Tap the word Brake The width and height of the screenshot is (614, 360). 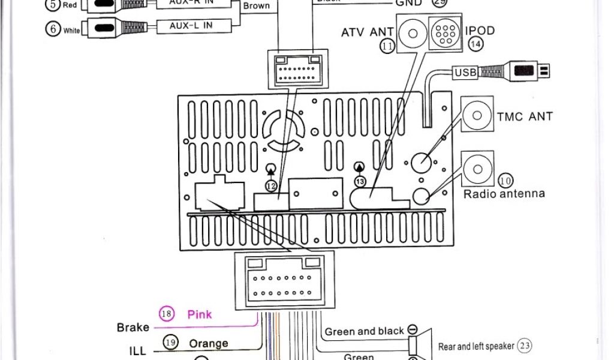tap(133, 328)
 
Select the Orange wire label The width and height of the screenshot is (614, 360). tap(209, 344)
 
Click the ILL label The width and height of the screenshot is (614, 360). tap(137, 350)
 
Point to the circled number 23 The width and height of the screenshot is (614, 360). tap(525, 345)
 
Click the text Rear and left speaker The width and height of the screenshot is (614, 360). tap(476, 346)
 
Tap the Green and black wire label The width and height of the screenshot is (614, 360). tap(364, 331)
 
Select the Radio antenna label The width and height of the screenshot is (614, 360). tap(504, 194)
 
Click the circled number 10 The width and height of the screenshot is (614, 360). tap(505, 180)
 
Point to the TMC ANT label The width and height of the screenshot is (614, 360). tap(525, 116)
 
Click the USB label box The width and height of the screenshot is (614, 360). tap(466, 73)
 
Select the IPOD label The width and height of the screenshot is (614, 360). tap(480, 31)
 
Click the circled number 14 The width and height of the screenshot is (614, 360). tap(476, 44)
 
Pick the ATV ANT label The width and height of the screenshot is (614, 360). tap(367, 32)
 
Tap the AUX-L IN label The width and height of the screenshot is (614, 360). tap(191, 26)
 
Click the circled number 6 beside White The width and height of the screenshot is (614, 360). tap(53, 28)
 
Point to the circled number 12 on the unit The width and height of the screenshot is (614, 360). tap(271, 187)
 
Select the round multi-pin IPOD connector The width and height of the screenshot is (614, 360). tap(445, 34)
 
